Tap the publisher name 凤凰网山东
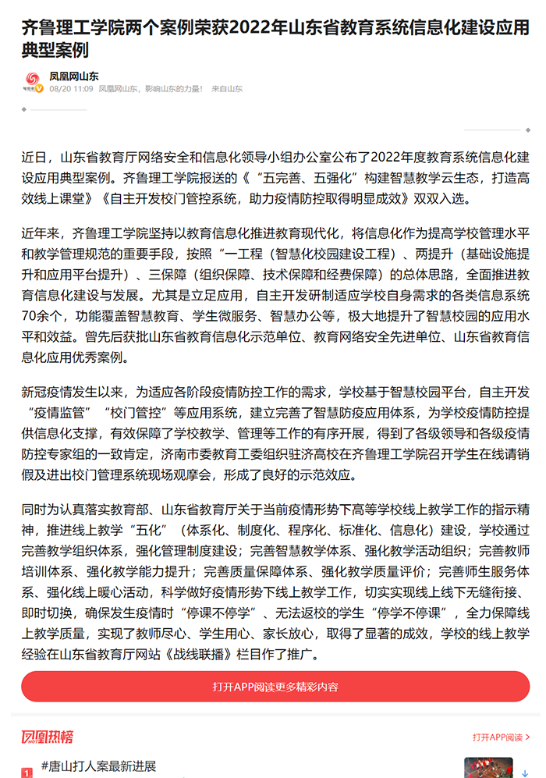point(74,76)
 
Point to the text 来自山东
point(227,90)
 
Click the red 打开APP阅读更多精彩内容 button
point(275,687)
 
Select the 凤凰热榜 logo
point(48,737)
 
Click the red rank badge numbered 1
point(27,773)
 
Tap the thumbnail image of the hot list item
point(487,768)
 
